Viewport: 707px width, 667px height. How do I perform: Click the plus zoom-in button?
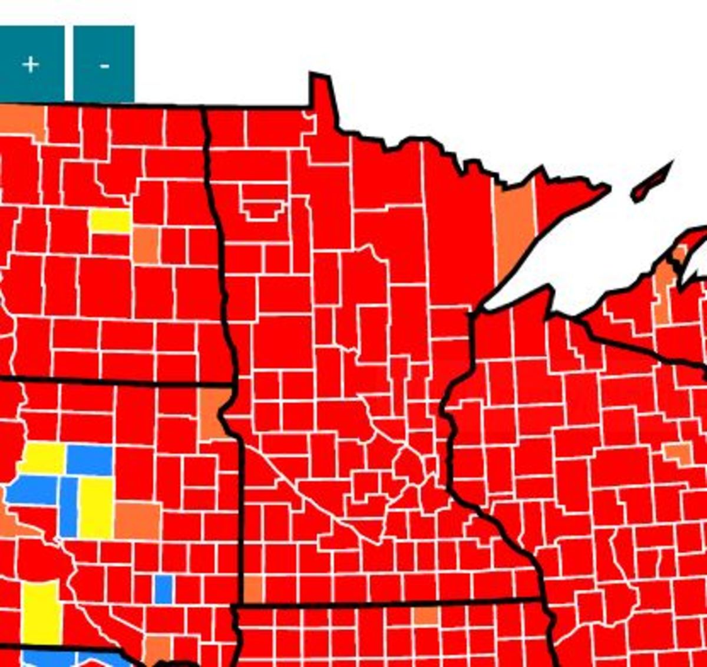pyautogui.click(x=31, y=64)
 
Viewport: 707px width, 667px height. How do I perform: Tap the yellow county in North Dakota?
pyautogui.click(x=110, y=221)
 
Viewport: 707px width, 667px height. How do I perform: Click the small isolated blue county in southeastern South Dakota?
pyautogui.click(x=163, y=589)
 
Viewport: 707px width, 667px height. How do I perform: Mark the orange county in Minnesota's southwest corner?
pyautogui.click(x=253, y=589)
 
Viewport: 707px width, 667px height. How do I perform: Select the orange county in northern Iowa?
pyautogui.click(x=425, y=615)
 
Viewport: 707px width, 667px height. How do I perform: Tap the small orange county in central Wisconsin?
pyautogui.click(x=679, y=453)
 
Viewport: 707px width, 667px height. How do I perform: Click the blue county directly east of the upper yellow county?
pyautogui.click(x=90, y=459)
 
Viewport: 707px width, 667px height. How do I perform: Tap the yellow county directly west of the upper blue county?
pyautogui.click(x=43, y=458)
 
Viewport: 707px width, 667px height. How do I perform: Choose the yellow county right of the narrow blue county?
pyautogui.click(x=95, y=507)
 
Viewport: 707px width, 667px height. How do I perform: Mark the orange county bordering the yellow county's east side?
pyautogui.click(x=137, y=520)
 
